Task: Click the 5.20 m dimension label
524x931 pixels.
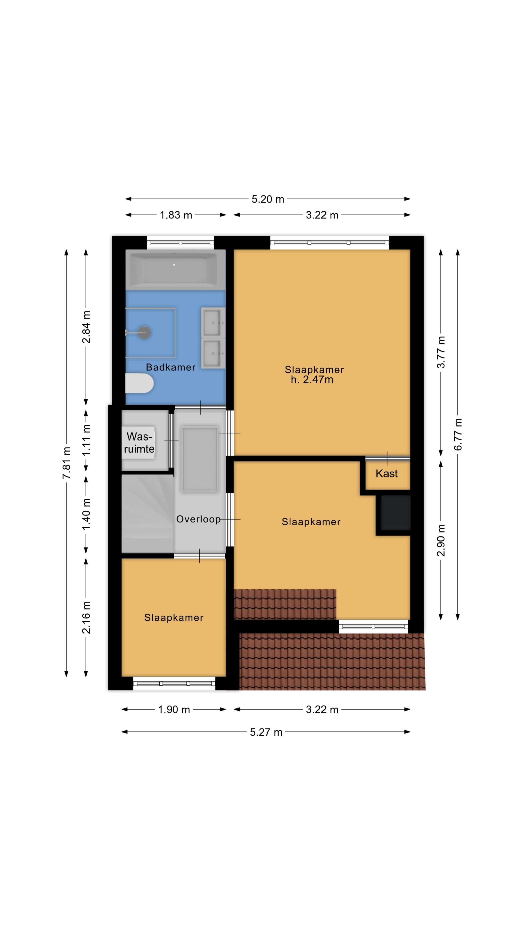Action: pos(268,199)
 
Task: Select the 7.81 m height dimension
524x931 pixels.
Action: pos(66,463)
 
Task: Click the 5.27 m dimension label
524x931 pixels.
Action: pos(266,732)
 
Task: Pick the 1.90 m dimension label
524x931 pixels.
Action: pos(174,709)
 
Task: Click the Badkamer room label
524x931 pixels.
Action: pos(171,367)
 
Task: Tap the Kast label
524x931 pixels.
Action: pos(387,474)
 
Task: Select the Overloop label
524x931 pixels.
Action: pos(198,519)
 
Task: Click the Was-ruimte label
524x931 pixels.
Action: pos(139,442)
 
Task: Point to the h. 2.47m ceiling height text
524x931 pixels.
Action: pos(312,379)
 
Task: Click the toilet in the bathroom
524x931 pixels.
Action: pos(139,383)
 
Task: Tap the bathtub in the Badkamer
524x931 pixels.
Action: pos(174,269)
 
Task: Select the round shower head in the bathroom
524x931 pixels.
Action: pos(145,332)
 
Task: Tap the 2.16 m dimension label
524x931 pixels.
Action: pos(86,617)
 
